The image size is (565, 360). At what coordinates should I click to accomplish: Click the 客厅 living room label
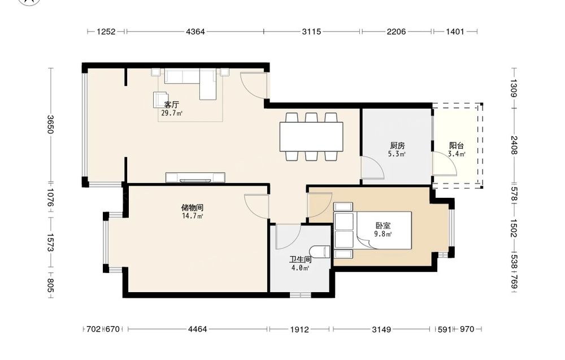click(x=172, y=105)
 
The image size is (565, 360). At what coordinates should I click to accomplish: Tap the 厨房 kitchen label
click(x=397, y=146)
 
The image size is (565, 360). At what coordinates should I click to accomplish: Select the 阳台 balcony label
click(x=456, y=146)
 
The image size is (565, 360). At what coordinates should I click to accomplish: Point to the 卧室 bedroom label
click(x=383, y=225)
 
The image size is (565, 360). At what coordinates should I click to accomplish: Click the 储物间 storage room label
click(x=192, y=207)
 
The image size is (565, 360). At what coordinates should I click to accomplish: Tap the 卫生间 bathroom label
click(x=301, y=259)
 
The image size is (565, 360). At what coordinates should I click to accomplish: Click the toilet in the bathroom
click(x=320, y=251)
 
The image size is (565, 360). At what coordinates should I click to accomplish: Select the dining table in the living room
click(x=311, y=137)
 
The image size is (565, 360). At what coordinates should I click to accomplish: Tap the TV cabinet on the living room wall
click(x=195, y=177)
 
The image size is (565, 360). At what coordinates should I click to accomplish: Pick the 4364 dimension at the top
click(x=195, y=32)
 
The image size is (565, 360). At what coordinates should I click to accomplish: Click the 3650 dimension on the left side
click(x=50, y=124)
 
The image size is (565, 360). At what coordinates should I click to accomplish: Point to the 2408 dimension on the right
click(x=514, y=145)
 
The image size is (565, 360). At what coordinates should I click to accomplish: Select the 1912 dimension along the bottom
click(x=299, y=329)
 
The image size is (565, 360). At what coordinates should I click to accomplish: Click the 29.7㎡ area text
click(x=172, y=113)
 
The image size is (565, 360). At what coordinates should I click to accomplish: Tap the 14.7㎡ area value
click(x=193, y=216)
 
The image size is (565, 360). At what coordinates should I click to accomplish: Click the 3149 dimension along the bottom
click(x=381, y=329)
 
